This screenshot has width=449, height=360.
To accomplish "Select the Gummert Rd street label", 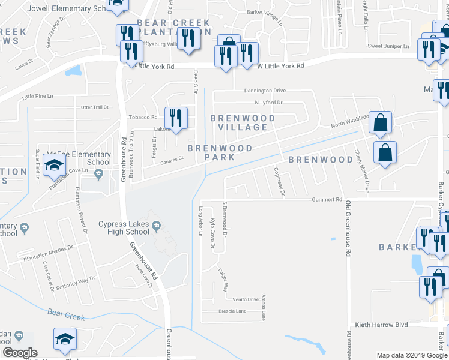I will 327,199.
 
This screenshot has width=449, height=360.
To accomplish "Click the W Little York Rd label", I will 280,65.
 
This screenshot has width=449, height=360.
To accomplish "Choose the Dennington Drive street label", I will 264,91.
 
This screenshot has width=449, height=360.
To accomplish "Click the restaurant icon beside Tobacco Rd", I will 176,116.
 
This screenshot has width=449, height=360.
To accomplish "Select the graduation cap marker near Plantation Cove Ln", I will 55,166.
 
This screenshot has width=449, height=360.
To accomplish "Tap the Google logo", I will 20,353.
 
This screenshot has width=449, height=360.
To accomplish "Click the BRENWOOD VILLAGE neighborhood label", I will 243,122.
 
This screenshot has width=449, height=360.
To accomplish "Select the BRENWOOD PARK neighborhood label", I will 219,152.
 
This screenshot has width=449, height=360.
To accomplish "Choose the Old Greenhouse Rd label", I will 348,232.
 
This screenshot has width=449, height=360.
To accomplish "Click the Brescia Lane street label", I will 233,311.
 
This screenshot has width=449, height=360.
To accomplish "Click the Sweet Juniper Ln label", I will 388,46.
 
